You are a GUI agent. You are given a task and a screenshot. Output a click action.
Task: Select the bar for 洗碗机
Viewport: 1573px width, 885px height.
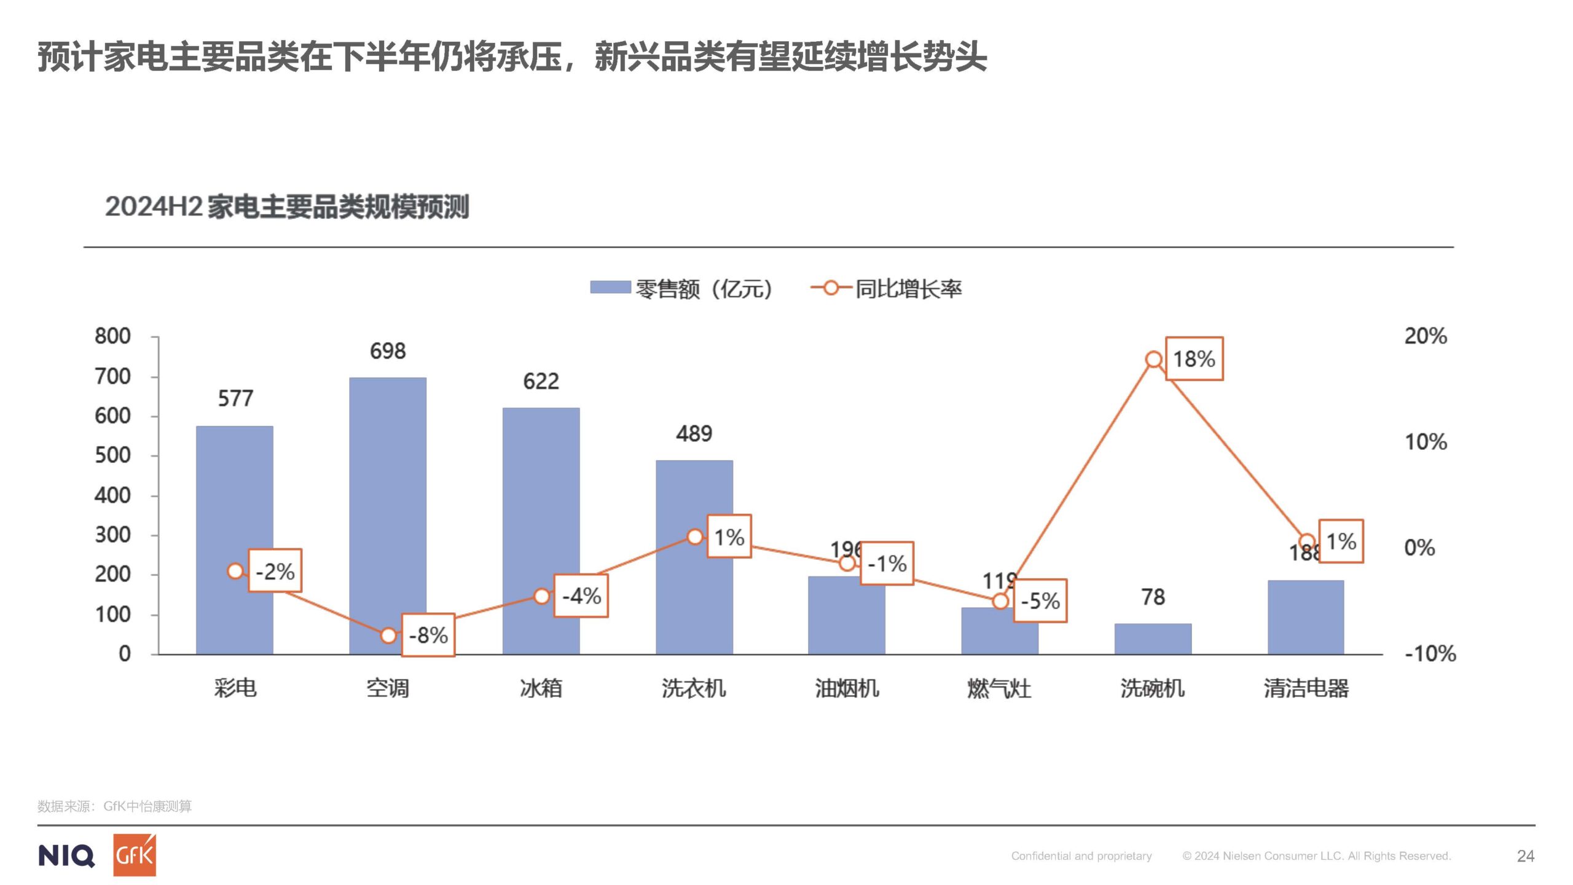[x=1153, y=639]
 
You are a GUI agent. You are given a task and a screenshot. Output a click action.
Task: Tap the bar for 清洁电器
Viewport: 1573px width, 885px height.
[x=1306, y=617]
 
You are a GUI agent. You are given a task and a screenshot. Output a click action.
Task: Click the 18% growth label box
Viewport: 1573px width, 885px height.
[x=1194, y=359]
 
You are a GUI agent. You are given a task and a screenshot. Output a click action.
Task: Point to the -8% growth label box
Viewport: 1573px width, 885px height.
[x=428, y=635]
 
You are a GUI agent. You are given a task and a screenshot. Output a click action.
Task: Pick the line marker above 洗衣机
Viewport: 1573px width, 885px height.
[x=694, y=537]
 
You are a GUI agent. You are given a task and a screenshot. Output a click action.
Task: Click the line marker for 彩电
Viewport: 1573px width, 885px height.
[x=235, y=572]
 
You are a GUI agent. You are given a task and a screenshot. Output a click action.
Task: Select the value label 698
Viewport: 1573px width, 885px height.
[x=388, y=351]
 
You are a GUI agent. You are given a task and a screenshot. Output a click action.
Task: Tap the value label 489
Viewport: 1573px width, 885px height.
[x=694, y=434]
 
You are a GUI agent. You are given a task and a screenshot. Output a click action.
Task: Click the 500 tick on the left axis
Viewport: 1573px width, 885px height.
[x=112, y=455]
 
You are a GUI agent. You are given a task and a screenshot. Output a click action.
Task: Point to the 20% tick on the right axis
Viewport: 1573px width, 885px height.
[x=1426, y=336]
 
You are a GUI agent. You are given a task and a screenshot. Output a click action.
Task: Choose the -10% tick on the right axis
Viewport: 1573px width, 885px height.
[x=1430, y=653]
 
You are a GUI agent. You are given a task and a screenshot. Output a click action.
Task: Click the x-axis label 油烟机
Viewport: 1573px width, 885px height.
[x=847, y=688]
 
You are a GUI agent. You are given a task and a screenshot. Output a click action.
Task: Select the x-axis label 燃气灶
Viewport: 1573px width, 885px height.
[x=999, y=688]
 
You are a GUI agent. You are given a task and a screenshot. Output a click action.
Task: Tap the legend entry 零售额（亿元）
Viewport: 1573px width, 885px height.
[x=682, y=288]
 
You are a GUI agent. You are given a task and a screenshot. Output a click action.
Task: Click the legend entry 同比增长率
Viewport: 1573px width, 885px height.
[x=888, y=288]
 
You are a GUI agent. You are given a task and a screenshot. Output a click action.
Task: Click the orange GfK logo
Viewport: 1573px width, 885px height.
[x=135, y=855]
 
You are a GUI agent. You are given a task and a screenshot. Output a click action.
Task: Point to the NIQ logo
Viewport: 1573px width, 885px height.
[x=66, y=855]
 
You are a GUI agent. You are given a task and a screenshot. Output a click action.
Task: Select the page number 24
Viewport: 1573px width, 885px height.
[x=1526, y=856]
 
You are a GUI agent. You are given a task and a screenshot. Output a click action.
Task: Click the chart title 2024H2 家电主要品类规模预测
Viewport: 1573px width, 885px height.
[x=287, y=206]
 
